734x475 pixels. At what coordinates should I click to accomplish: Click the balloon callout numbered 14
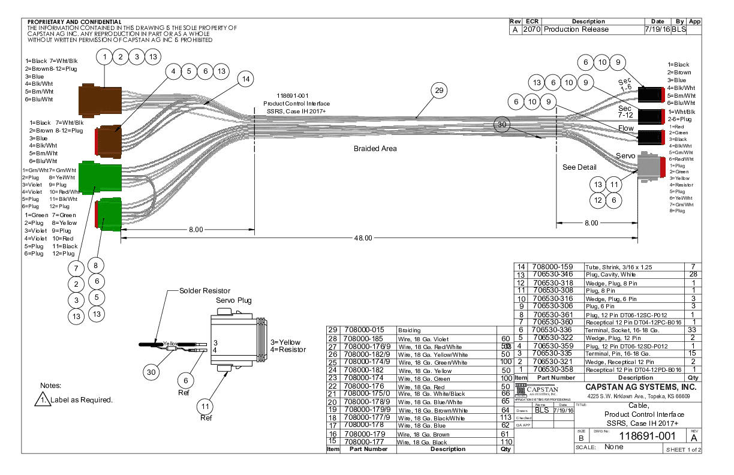[245, 79]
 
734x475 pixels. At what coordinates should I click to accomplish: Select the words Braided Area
[375, 148]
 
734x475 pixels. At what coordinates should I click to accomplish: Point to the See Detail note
[579, 167]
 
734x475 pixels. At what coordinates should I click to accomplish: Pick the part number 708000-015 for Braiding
[365, 330]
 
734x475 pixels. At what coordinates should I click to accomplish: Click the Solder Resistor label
[204, 291]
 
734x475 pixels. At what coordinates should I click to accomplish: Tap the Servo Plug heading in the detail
[234, 300]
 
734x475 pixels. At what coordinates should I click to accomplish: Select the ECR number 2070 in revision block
[531, 29]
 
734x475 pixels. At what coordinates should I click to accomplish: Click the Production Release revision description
[576, 29]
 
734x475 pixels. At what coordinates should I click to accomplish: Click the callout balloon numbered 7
[76, 267]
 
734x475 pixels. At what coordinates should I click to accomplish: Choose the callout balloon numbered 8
[96, 265]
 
